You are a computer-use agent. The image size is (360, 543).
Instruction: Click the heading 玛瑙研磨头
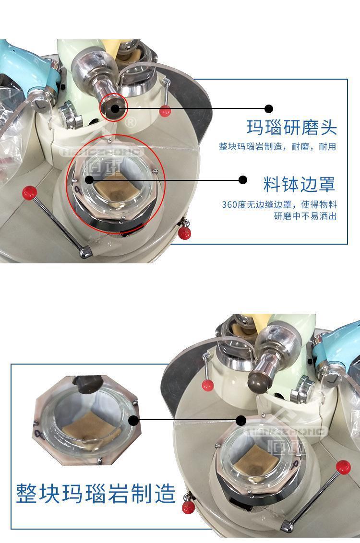292,128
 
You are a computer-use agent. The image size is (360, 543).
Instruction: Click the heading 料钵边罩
300,184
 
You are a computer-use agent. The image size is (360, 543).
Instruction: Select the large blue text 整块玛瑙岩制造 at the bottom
96,494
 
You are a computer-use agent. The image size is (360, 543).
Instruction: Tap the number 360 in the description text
230,205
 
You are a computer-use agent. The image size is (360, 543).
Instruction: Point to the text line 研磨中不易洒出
305,216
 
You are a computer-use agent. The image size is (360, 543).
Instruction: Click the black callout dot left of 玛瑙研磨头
268,109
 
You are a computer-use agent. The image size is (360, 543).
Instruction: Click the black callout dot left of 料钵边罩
243,180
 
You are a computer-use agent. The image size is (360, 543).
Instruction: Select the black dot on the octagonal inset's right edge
133,421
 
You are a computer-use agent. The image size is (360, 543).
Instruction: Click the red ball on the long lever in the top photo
29,192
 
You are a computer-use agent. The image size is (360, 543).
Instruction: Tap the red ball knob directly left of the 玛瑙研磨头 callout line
165,111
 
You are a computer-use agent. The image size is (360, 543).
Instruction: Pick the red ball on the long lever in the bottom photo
343,467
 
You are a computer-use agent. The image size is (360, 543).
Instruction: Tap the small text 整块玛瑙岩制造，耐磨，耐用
277,147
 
